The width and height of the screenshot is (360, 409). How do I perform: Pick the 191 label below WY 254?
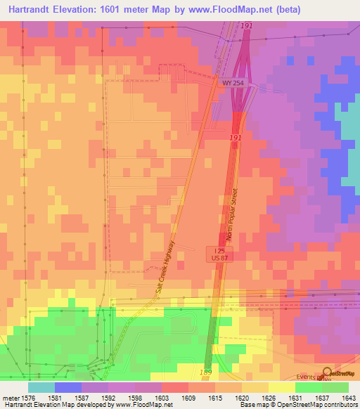coord(236,138)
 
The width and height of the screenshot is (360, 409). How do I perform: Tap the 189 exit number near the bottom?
coord(206,372)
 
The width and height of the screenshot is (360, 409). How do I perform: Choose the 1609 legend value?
coord(188,397)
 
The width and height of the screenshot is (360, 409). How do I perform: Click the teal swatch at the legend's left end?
coord(41,387)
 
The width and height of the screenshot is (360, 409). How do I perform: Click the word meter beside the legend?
coord(10,397)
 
